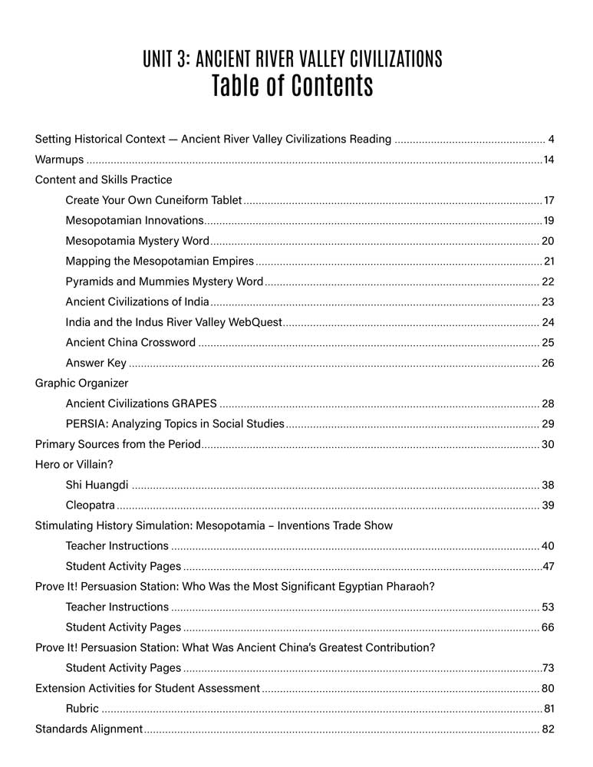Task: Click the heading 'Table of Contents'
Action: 292,87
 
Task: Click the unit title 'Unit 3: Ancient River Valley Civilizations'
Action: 292,59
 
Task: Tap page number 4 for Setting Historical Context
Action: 552,140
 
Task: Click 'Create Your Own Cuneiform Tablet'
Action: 154,201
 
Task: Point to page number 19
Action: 549,221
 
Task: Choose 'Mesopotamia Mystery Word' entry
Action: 137,241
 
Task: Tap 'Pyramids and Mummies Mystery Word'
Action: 164,281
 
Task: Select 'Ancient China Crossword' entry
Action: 130,342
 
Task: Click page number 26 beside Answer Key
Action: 548,363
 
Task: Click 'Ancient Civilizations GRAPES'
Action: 141,403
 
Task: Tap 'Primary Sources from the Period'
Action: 118,444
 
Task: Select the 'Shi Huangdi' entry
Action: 97,485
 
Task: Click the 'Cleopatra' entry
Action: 91,505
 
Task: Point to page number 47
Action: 548,567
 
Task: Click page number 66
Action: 548,627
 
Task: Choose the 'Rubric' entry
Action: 82,709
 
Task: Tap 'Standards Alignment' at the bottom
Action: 89,729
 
